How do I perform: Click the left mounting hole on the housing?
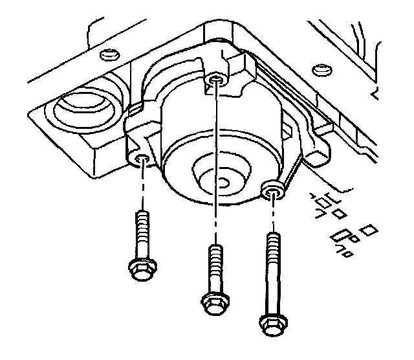tap(143, 159)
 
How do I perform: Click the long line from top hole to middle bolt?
tap(215, 162)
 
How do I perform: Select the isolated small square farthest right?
tap(369, 230)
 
